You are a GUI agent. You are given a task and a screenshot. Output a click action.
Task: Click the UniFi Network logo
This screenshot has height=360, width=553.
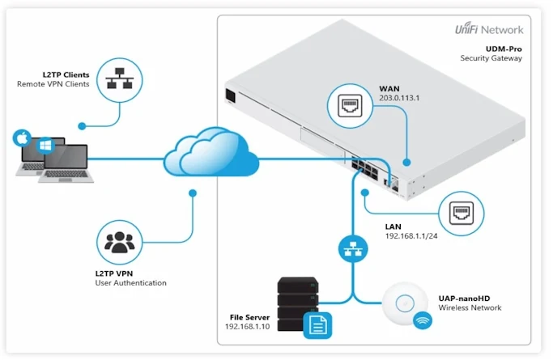point(490,30)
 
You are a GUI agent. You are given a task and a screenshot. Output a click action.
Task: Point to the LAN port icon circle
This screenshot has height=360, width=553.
point(461,215)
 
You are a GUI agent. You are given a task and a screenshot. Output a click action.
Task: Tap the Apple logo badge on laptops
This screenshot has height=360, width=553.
point(21,138)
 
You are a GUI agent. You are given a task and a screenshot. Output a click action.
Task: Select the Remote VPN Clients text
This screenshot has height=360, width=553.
point(49,84)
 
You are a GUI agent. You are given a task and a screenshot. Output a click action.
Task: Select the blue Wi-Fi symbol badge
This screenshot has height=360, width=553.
point(422,322)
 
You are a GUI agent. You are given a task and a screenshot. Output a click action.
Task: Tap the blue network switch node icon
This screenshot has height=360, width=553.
point(351,248)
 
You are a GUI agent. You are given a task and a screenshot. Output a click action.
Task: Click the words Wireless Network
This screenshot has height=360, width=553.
point(470,307)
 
